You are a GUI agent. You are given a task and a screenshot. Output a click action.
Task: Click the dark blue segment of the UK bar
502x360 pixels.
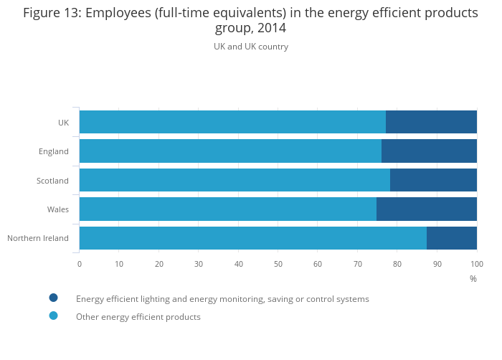[x=431, y=122]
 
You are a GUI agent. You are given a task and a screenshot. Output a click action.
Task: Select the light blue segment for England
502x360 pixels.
[x=230, y=151]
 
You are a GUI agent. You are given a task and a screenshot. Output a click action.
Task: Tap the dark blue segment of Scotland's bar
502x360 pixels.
[x=433, y=180]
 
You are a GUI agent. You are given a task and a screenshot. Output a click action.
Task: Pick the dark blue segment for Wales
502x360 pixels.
[x=426, y=209]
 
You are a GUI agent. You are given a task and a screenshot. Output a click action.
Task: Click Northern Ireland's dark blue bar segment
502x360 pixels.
[x=451, y=238]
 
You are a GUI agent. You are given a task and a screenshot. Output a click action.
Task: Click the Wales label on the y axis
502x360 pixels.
[x=58, y=209]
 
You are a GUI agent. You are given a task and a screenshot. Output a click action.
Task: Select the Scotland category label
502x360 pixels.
[x=52, y=181]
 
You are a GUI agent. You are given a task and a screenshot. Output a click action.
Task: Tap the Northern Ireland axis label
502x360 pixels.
[x=38, y=238]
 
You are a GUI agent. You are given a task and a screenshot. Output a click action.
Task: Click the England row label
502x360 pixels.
[x=54, y=151]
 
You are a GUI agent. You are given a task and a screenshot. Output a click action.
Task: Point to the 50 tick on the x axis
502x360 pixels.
[x=278, y=264]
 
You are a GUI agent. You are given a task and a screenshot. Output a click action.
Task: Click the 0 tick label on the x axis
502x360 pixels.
[x=80, y=264]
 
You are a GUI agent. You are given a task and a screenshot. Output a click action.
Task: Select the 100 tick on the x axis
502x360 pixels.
[x=476, y=264]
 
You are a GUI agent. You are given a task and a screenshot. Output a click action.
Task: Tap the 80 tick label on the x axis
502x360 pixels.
[x=397, y=264]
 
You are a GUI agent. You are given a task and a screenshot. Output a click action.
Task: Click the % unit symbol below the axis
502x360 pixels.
[x=473, y=279]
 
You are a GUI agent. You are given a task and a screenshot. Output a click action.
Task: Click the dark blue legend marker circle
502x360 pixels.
[x=53, y=298]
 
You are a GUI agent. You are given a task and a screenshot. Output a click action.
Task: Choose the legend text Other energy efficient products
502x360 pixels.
[x=138, y=317]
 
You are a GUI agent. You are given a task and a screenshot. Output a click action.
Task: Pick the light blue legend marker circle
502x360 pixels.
[x=53, y=316]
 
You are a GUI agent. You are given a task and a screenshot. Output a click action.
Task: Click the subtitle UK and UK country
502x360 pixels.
[x=251, y=47]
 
